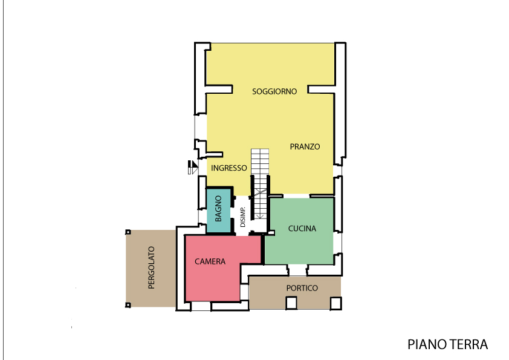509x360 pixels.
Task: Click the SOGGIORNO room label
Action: [x=274, y=91]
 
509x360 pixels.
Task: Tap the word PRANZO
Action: [x=305, y=147]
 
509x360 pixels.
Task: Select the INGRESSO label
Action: [x=229, y=168]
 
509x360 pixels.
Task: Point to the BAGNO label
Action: [x=218, y=209]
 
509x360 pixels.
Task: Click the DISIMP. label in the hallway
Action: [x=243, y=217]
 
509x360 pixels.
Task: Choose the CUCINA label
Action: [x=302, y=229]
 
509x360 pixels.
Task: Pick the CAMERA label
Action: [x=210, y=261]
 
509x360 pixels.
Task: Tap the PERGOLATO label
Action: [x=151, y=267]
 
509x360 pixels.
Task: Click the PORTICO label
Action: [x=302, y=288]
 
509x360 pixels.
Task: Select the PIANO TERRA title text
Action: [x=448, y=344]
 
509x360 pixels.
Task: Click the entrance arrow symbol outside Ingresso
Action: [x=193, y=168]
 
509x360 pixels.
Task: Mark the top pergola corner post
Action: [x=128, y=232]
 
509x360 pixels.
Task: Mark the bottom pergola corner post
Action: [x=128, y=305]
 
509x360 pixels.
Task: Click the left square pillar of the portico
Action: [x=291, y=303]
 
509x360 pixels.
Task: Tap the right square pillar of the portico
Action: [x=336, y=304]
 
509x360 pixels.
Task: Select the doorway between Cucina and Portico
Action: [x=297, y=270]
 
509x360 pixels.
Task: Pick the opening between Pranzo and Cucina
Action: [x=296, y=196]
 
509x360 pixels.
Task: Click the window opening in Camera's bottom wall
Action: [x=201, y=306]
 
